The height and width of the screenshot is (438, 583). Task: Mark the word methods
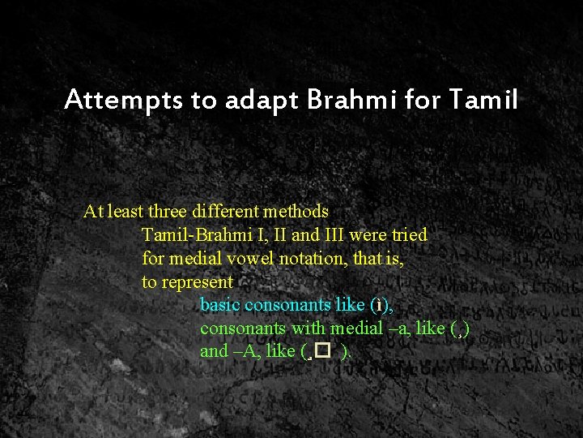pos(296,212)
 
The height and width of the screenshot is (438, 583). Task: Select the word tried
pos(410,235)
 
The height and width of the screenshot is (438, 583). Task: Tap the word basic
pos(220,306)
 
